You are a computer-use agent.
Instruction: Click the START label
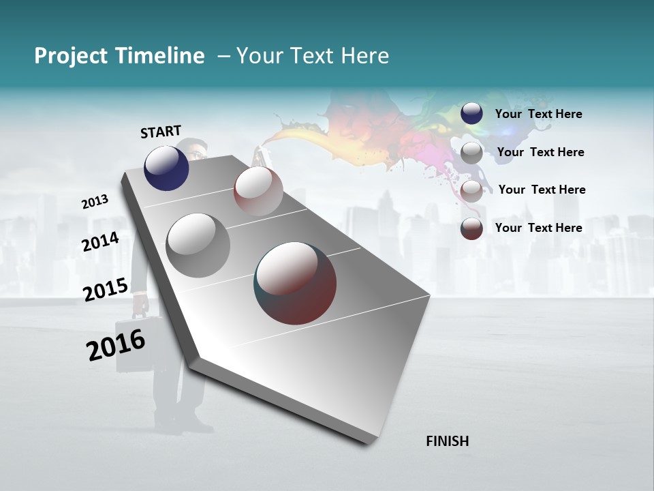(161, 132)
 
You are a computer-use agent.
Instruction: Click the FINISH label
(447, 441)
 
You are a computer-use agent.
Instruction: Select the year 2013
(95, 202)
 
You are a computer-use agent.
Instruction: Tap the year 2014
(100, 241)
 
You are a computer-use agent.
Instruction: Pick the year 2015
(106, 290)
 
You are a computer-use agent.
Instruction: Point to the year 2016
(116, 345)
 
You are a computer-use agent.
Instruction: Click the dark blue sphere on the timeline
(166, 168)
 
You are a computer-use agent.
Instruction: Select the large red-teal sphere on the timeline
(295, 283)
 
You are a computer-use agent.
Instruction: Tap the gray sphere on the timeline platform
(198, 245)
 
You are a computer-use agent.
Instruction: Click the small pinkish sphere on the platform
(258, 191)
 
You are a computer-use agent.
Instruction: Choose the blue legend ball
(471, 114)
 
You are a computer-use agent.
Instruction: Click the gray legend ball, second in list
(471, 153)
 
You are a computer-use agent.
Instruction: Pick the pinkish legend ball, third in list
(471, 191)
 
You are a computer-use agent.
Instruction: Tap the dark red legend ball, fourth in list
(471, 228)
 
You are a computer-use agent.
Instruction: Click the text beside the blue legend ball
(538, 114)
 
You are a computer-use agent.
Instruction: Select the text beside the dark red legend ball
(538, 228)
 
